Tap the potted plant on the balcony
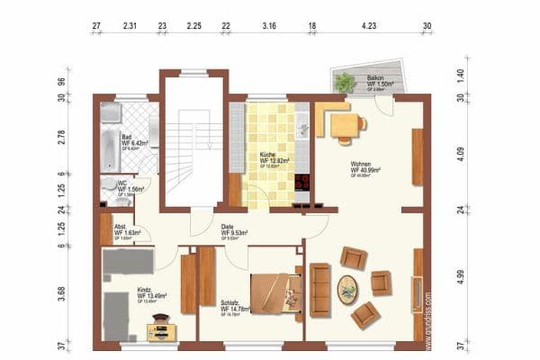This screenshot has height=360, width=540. coord(344,82)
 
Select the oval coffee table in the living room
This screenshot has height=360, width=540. coord(346,289)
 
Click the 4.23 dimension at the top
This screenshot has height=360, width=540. coord(368,26)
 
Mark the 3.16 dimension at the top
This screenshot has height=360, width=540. coord(268,26)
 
